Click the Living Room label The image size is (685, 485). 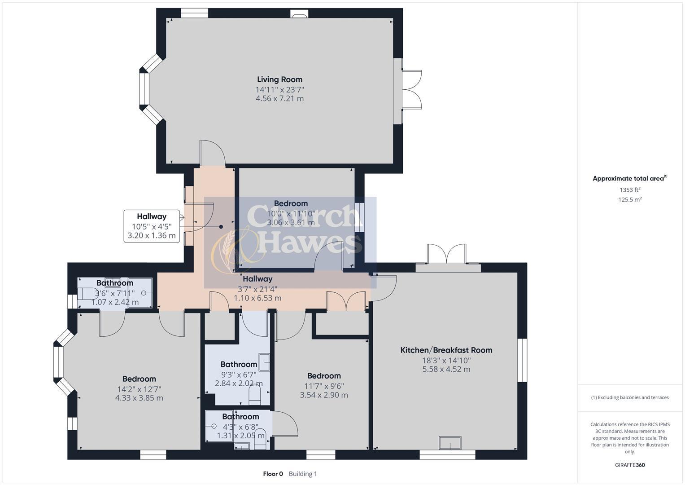[x=279, y=79]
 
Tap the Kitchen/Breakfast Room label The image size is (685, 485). [x=446, y=350]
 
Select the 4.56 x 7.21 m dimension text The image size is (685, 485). [x=279, y=98]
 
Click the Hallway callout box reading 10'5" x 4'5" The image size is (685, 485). [x=152, y=226]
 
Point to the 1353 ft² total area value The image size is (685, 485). [x=630, y=190]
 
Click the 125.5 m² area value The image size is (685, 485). [x=630, y=199]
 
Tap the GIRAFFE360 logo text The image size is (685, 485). [x=630, y=465]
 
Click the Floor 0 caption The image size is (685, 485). [x=273, y=474]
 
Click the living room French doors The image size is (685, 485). [x=411, y=90]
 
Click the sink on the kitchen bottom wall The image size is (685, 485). [x=450, y=443]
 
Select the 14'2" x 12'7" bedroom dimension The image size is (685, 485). [x=139, y=389]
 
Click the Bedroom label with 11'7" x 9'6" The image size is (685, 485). [x=324, y=376]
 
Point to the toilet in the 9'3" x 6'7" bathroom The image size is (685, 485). [x=255, y=395]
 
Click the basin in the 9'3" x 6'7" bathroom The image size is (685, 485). [x=265, y=362]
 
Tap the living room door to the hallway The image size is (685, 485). [x=212, y=154]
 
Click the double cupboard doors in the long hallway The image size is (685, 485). [x=346, y=301]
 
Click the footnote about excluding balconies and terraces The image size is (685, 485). [x=630, y=397]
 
